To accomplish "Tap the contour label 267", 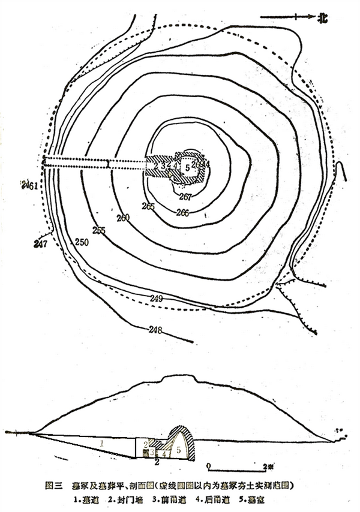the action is pos(185,197).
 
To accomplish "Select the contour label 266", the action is pos(183,212).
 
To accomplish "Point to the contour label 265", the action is pos(148,207).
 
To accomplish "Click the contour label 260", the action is pos(123,218).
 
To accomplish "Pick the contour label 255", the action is pos(99,230).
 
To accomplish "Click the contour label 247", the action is pos(40,244).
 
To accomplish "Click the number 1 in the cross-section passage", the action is pos(102,444).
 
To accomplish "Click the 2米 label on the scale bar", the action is pos(268,465).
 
